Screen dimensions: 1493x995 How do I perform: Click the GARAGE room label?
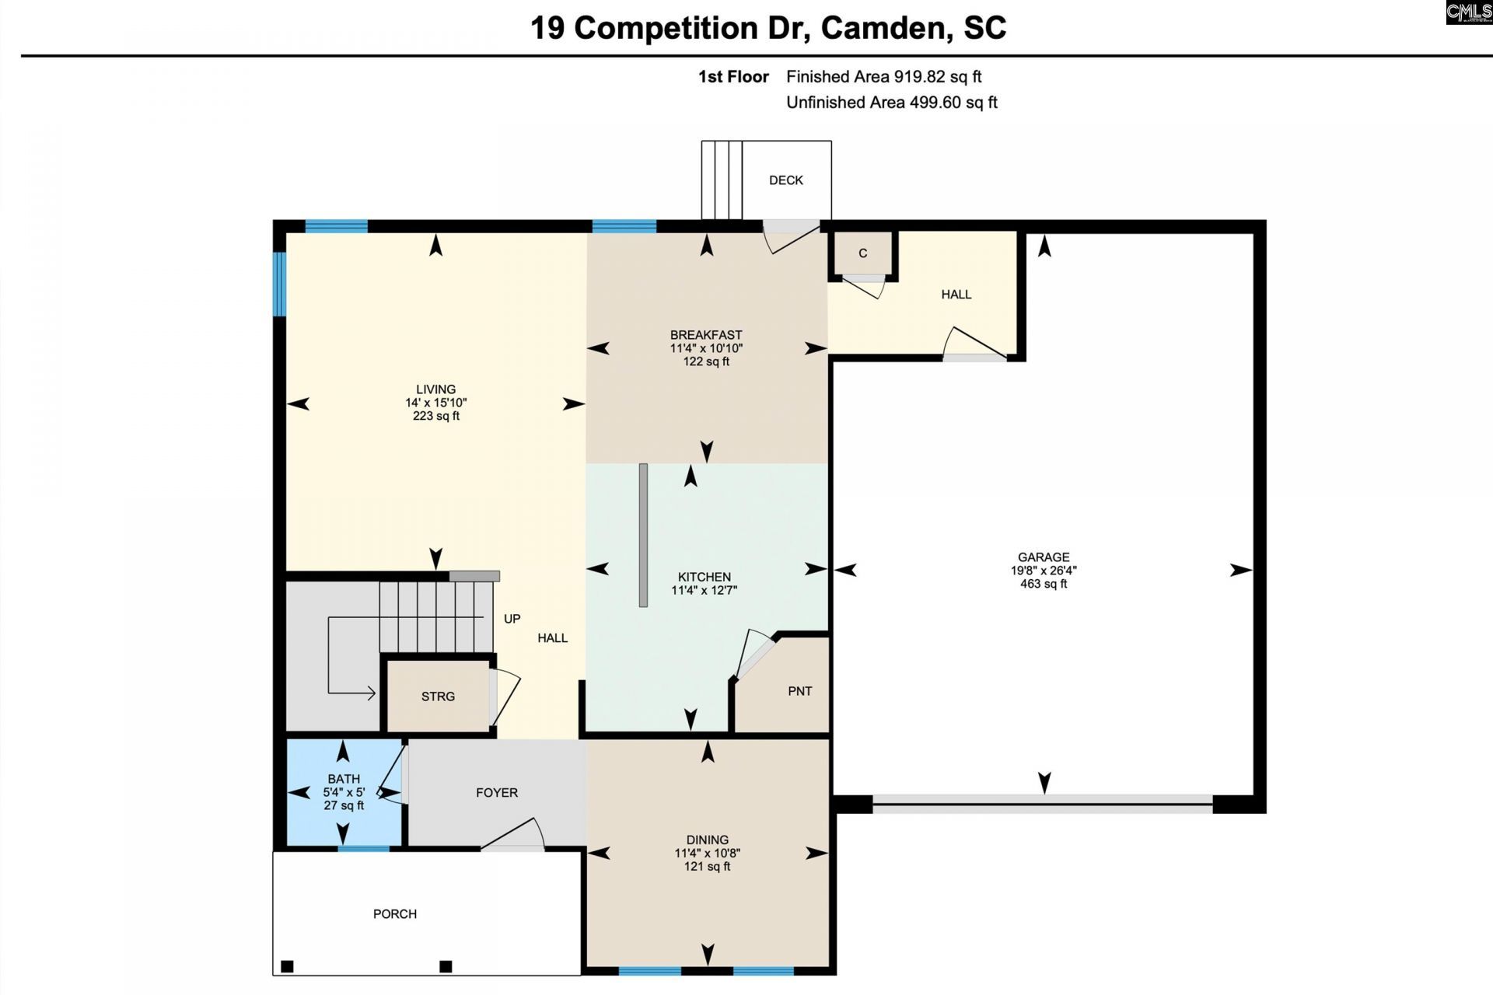tap(1044, 557)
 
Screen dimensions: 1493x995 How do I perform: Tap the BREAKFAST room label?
tap(706, 335)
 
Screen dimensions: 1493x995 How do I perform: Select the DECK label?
tap(786, 180)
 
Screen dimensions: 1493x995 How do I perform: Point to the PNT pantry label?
tap(800, 691)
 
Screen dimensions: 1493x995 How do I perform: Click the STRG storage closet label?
tap(438, 696)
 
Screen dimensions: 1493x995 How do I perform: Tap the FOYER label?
tap(497, 793)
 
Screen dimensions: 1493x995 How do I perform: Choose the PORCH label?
tap(395, 914)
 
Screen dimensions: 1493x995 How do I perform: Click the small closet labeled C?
tap(863, 253)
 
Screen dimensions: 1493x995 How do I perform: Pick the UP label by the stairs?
tap(512, 619)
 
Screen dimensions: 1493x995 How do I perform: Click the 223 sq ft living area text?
tap(436, 416)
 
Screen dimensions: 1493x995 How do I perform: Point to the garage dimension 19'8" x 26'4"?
tap(1044, 571)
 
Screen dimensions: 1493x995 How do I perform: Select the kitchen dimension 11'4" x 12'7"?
tap(705, 590)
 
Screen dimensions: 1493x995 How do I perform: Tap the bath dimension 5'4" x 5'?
tap(344, 792)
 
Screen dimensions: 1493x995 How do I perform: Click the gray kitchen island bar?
tap(643, 535)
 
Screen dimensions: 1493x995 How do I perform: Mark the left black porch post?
tap(287, 966)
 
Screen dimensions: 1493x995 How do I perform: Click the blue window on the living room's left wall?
tap(278, 283)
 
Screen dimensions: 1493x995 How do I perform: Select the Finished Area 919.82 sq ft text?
tap(884, 77)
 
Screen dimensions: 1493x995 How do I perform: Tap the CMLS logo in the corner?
tap(1469, 12)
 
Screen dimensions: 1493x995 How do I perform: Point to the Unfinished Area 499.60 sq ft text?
tap(892, 103)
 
